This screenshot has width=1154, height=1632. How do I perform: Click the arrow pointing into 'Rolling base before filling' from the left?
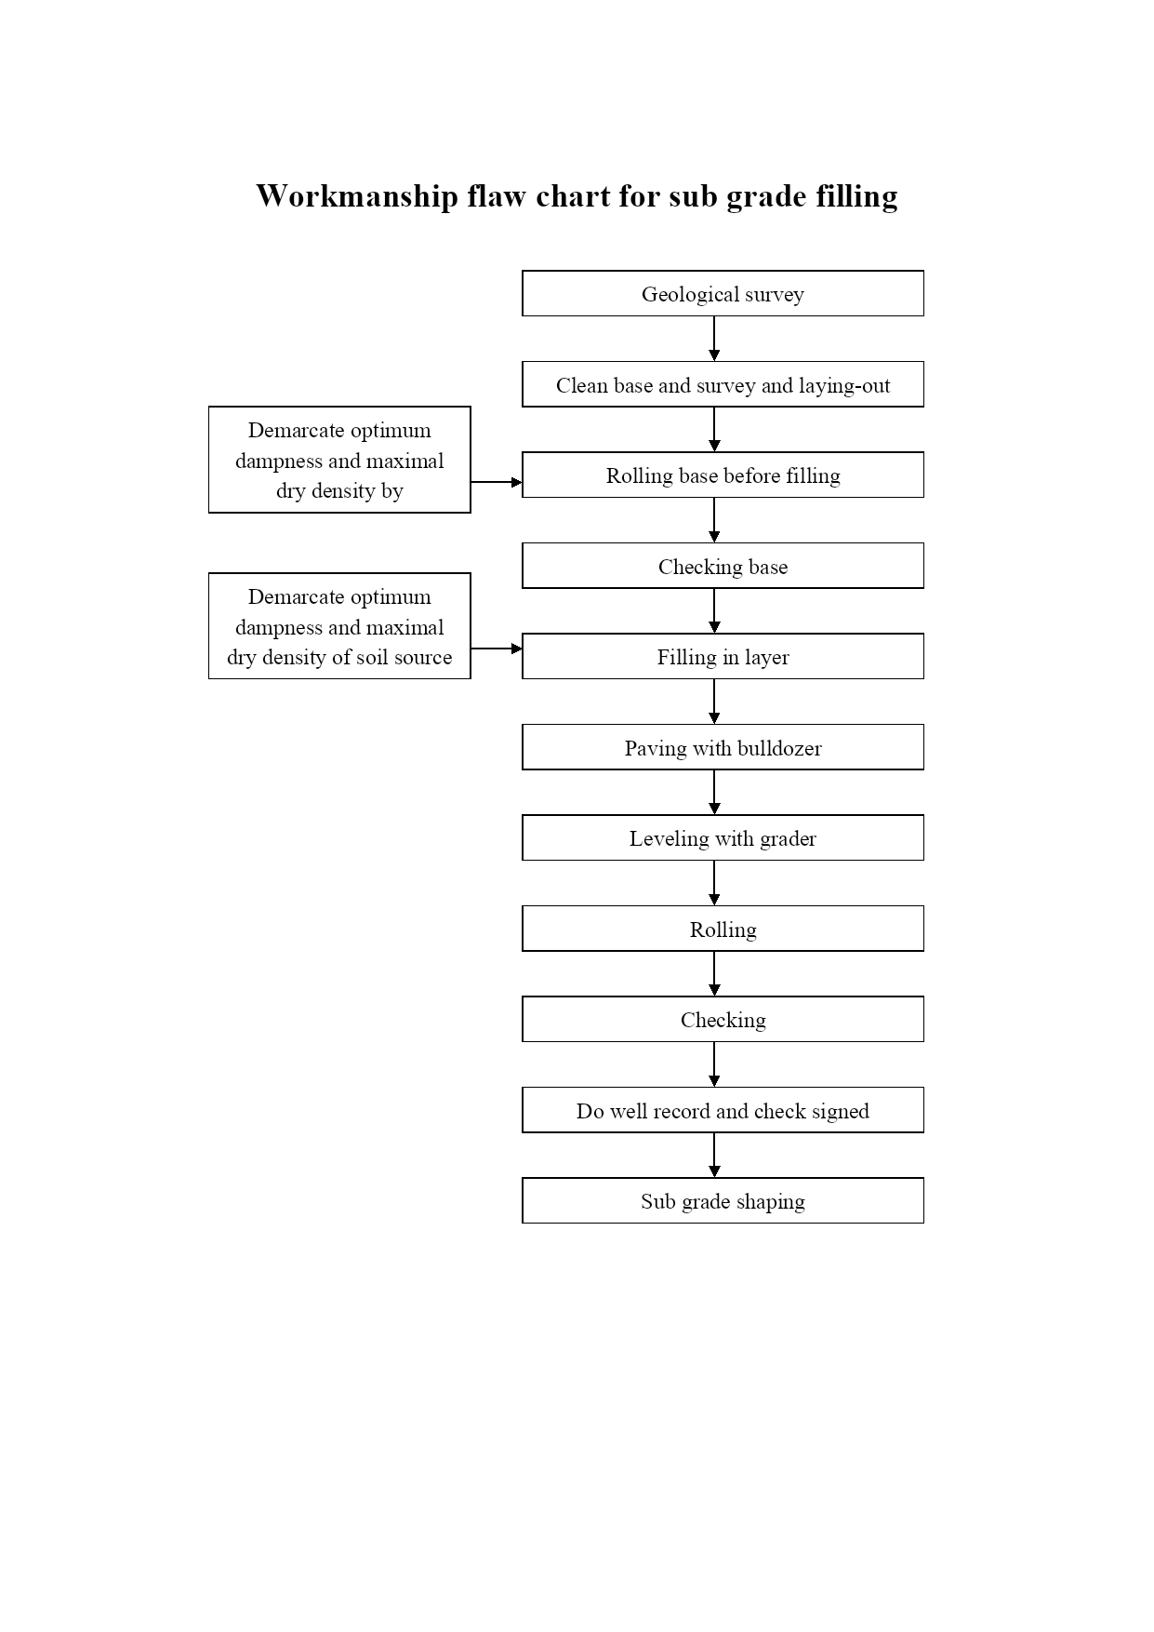(x=497, y=482)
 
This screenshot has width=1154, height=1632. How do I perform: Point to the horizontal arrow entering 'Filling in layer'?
(x=497, y=649)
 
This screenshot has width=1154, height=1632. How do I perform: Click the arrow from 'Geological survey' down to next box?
(x=714, y=339)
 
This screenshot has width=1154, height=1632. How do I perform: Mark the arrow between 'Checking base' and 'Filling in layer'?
(x=714, y=611)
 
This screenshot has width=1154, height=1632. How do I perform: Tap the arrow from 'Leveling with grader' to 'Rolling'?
(x=714, y=883)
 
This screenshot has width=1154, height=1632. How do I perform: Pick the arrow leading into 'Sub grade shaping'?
(x=714, y=1156)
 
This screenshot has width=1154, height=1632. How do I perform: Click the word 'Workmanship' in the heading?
(x=357, y=196)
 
